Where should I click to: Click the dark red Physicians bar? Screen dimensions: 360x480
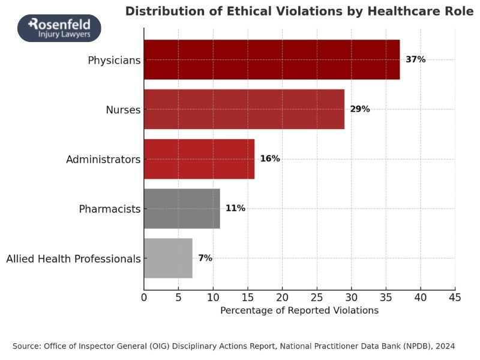(271, 59)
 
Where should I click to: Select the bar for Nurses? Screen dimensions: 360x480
(244, 109)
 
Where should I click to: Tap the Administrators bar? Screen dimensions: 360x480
(199, 159)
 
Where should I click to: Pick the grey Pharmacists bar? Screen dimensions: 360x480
(182, 208)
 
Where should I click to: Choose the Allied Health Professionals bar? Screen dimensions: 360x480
(168, 258)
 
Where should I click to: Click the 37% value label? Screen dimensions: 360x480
(415, 59)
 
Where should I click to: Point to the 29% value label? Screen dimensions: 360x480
(360, 109)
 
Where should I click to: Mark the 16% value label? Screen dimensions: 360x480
(270, 159)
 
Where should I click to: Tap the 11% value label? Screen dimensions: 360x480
(235, 208)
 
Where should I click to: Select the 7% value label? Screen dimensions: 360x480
(205, 258)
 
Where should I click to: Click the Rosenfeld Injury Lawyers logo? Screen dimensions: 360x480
(59, 28)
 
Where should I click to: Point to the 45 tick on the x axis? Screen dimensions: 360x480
(455, 297)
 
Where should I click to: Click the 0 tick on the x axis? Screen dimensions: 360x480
(144, 297)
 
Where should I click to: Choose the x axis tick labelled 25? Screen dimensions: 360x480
(317, 297)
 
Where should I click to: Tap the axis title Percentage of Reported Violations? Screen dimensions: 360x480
(299, 311)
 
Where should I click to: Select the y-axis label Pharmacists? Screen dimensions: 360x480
(109, 209)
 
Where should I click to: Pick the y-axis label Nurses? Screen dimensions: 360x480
(122, 110)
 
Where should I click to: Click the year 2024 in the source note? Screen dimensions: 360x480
(445, 346)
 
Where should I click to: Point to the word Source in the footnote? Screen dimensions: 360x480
(26, 346)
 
